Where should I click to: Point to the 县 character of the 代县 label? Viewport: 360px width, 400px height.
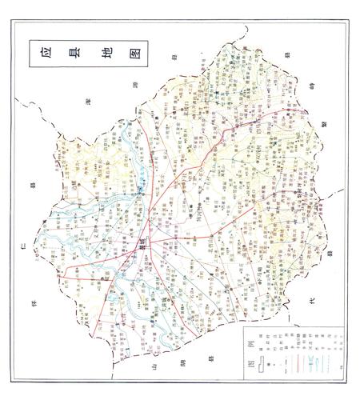pyautogui.click(x=326, y=254)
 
